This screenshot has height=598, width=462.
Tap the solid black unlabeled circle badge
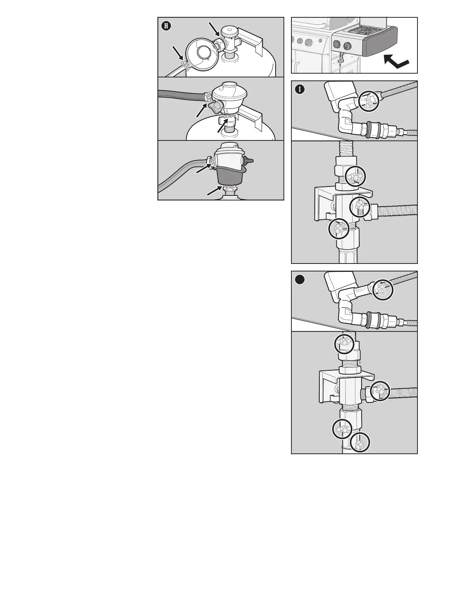tap(300, 280)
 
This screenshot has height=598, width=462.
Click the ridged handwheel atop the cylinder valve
tap(228, 31)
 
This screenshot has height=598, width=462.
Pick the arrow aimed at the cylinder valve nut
tap(213, 29)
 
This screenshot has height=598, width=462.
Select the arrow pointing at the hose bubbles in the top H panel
tap(178, 53)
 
